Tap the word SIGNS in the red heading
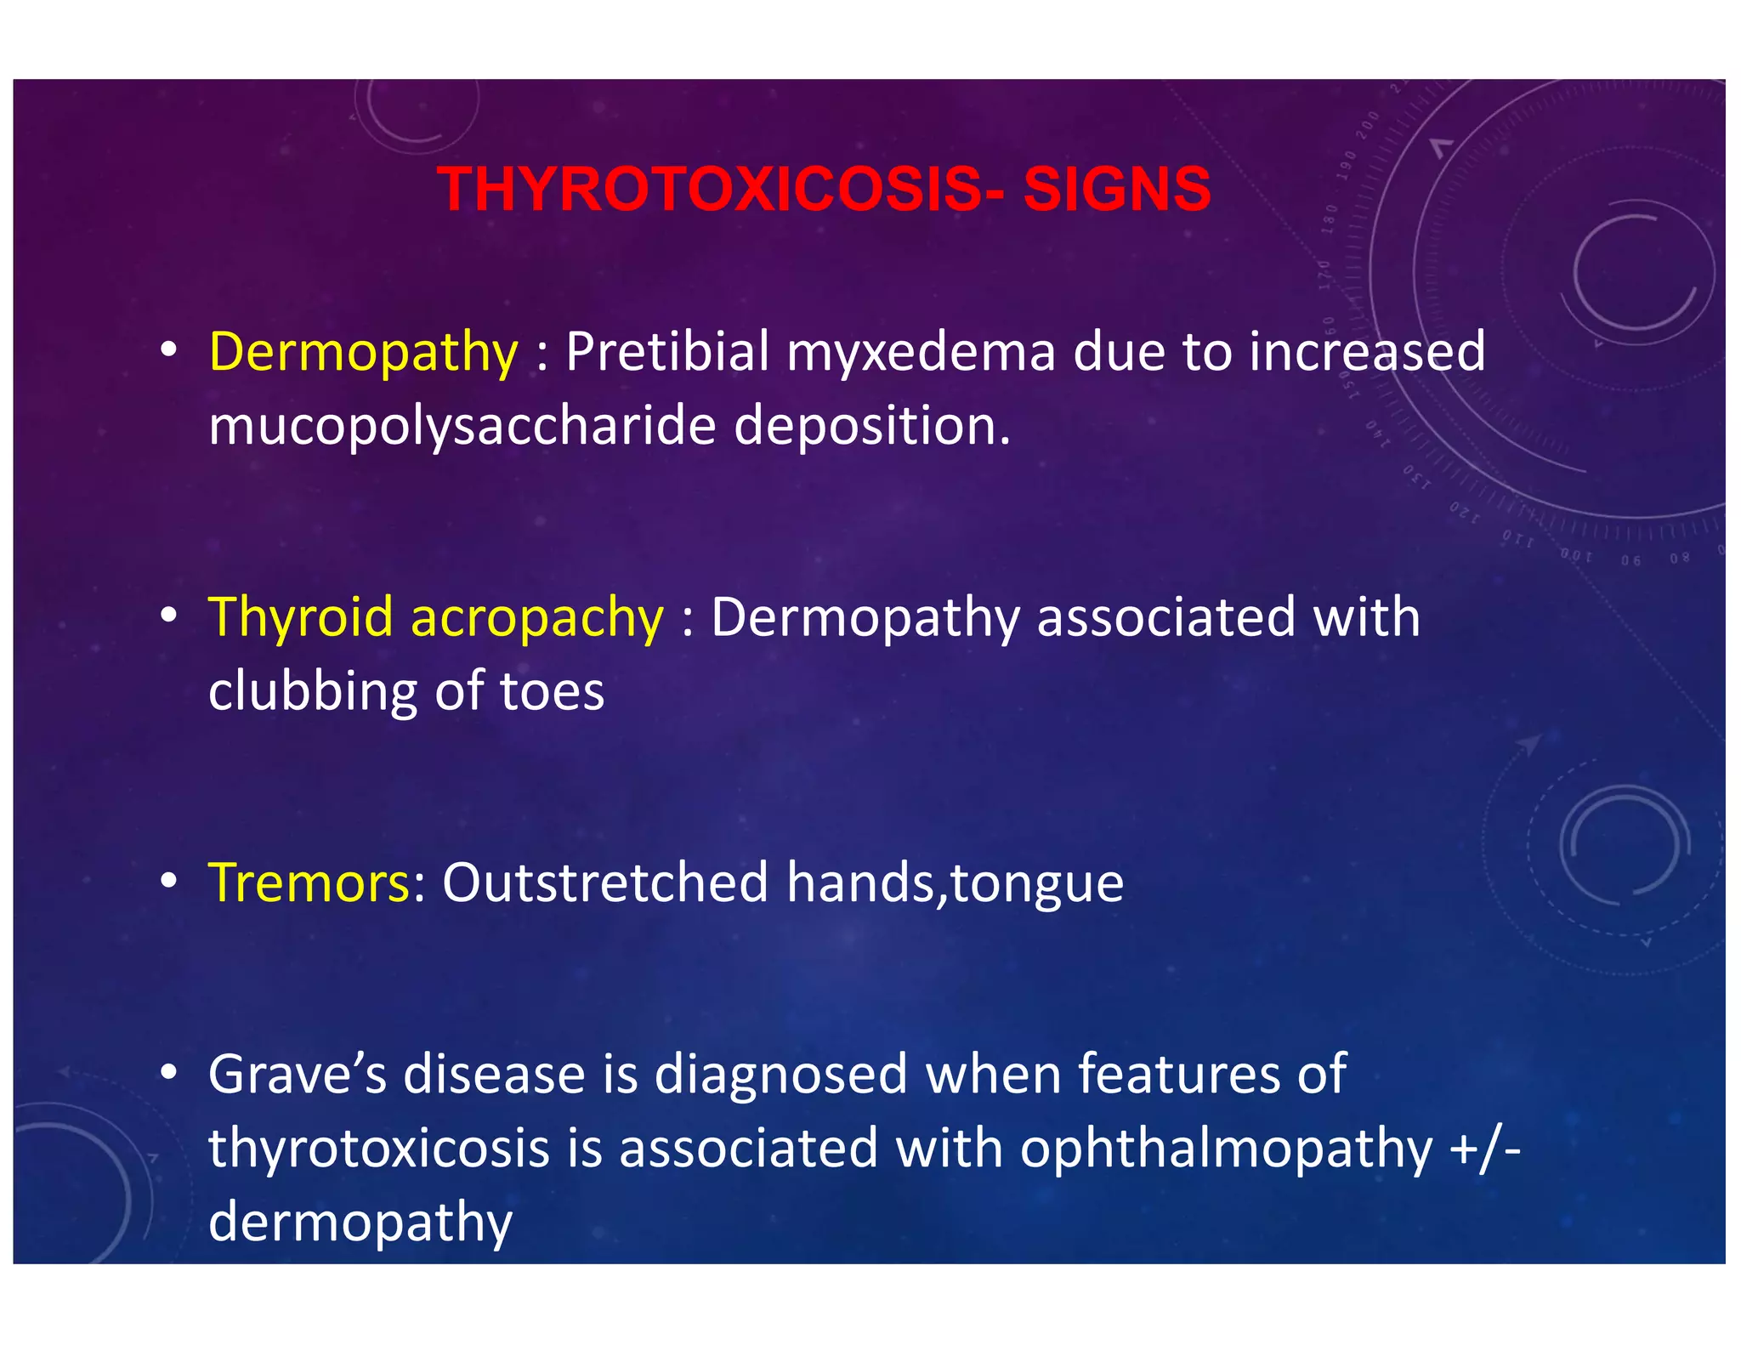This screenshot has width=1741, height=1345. click(x=1116, y=189)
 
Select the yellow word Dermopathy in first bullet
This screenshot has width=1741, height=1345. click(x=363, y=352)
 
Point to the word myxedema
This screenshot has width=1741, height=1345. click(x=921, y=352)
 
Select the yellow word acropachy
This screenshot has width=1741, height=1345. click(x=536, y=618)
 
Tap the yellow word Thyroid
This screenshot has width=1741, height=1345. click(x=300, y=618)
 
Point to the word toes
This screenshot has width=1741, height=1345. click(x=552, y=691)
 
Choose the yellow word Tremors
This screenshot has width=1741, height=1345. click(x=309, y=882)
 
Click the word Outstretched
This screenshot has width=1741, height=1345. click(x=604, y=882)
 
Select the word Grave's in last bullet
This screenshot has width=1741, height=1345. click(x=298, y=1074)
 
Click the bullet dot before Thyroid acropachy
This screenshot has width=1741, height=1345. click(x=169, y=616)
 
